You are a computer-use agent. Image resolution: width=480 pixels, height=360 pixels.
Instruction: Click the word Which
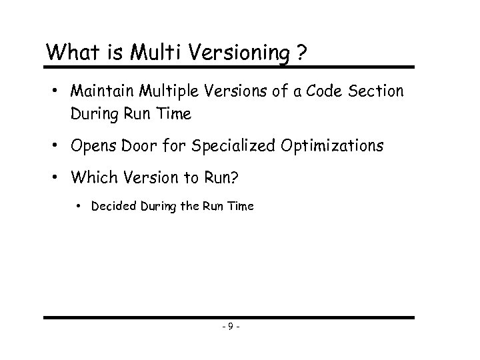[x=91, y=178]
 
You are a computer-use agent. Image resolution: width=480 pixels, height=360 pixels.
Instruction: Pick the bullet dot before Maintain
[x=58, y=91]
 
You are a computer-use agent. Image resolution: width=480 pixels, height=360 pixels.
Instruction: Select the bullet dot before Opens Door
[x=58, y=146]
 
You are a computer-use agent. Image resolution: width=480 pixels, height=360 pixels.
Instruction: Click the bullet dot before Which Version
[x=58, y=178]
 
